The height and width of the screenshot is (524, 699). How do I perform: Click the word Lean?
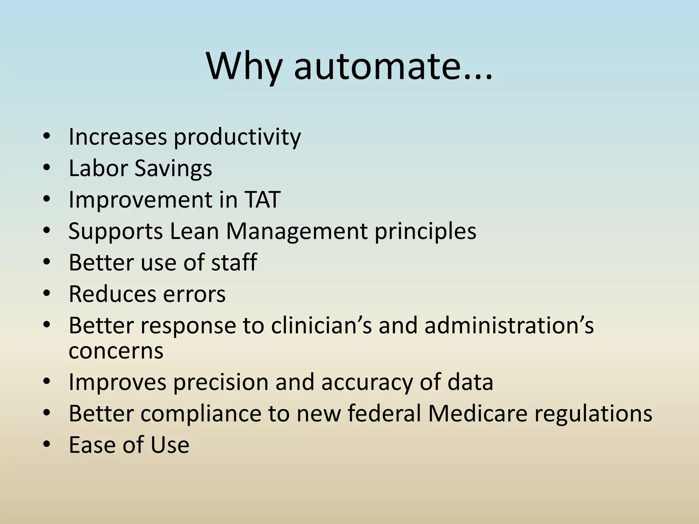[194, 231]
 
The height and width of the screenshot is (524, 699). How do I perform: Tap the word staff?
[234, 262]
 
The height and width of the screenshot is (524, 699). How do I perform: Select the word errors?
[194, 294]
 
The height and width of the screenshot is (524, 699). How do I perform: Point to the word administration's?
[509, 325]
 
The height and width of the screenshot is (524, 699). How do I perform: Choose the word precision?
[221, 382]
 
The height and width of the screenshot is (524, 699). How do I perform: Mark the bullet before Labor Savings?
[47, 168]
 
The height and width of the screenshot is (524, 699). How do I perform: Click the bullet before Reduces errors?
[47, 293]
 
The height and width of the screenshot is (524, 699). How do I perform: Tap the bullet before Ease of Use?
[47, 444]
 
